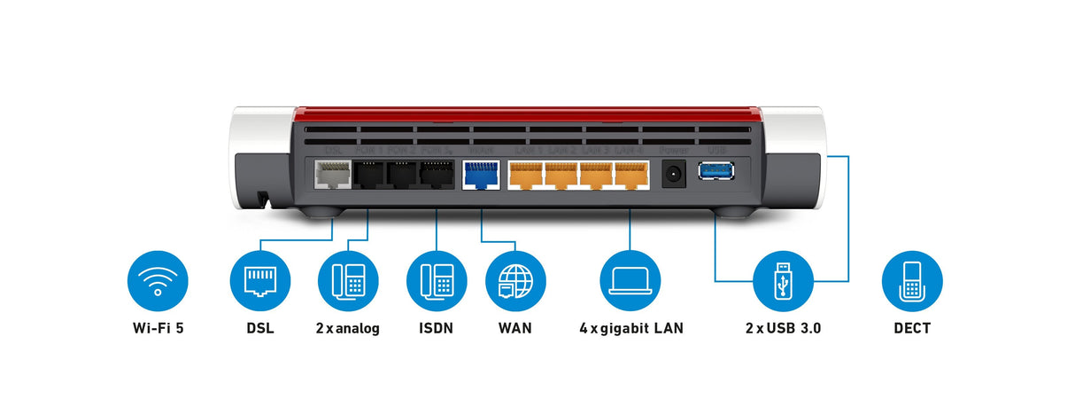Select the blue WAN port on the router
point(482,176)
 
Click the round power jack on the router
point(675,175)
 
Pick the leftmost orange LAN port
point(526,176)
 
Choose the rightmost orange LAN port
point(630,176)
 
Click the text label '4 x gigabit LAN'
point(630,329)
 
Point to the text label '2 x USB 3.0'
point(783,329)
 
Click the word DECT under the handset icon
point(912,329)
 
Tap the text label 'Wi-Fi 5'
point(158,329)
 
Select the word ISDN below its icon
point(436,329)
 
